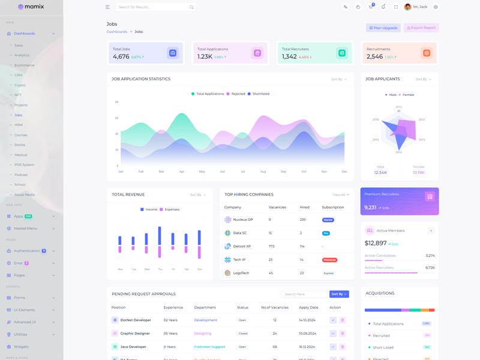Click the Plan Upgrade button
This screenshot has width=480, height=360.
(383, 28)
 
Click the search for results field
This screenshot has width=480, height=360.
(153, 7)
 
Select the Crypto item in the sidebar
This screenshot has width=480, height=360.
(20, 85)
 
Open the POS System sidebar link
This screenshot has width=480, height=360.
(24, 164)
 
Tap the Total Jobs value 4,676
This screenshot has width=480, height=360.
(121, 56)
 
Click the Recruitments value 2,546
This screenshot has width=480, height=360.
(374, 56)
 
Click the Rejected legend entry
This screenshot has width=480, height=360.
(236, 94)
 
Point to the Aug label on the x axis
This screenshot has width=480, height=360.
(263, 172)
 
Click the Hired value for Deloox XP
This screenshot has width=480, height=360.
(302, 247)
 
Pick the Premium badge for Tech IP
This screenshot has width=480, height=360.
(329, 260)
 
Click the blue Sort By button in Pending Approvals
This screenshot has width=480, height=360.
(339, 294)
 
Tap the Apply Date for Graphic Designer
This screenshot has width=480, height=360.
(307, 333)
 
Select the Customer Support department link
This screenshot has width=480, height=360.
(209, 347)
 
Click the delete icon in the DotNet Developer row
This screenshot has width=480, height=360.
(343, 320)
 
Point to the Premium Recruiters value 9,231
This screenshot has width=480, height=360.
(370, 208)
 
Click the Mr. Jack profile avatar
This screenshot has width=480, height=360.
(408, 7)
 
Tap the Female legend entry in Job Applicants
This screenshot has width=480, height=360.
(406, 95)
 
